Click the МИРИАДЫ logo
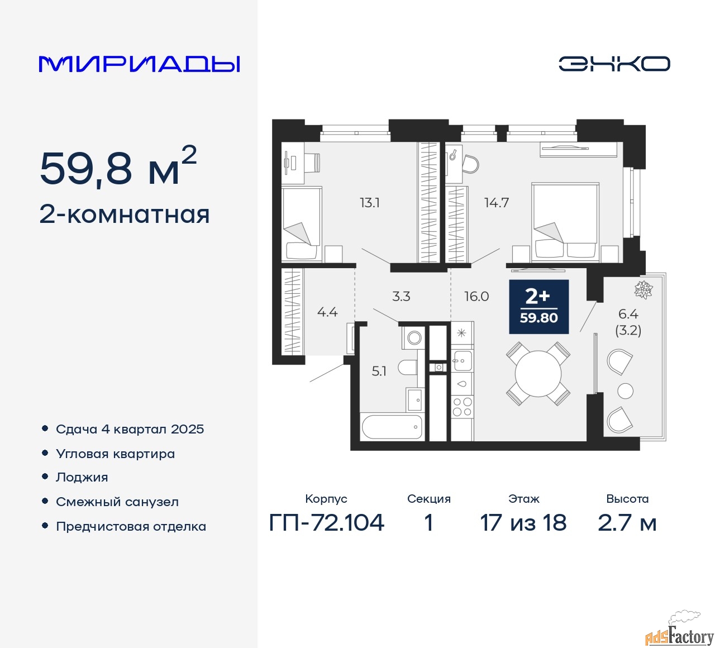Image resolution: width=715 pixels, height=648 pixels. click(139, 64)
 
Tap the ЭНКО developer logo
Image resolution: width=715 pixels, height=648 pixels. click(614, 64)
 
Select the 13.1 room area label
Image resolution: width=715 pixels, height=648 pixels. click(370, 203)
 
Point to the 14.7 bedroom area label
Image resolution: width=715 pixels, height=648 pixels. click(496, 203)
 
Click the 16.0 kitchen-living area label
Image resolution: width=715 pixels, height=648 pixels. click(476, 296)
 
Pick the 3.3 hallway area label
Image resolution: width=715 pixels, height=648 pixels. click(401, 296)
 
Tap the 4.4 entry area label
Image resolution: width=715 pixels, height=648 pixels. click(327, 312)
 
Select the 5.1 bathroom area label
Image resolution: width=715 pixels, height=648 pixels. click(379, 371)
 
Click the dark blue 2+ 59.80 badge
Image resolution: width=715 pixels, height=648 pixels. click(538, 307)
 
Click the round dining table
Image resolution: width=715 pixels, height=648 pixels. click(538, 374)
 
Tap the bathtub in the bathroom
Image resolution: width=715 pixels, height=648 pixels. click(392, 427)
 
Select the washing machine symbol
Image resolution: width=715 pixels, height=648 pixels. click(413, 337)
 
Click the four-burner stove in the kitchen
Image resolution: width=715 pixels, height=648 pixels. click(462, 407)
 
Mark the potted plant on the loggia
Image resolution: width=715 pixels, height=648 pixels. click(643, 289)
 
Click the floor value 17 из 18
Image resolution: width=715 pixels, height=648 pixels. click(523, 523)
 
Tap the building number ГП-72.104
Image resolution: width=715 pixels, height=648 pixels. click(326, 523)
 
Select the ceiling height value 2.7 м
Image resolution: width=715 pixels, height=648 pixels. click(627, 523)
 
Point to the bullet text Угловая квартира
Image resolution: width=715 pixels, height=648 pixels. click(115, 454)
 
